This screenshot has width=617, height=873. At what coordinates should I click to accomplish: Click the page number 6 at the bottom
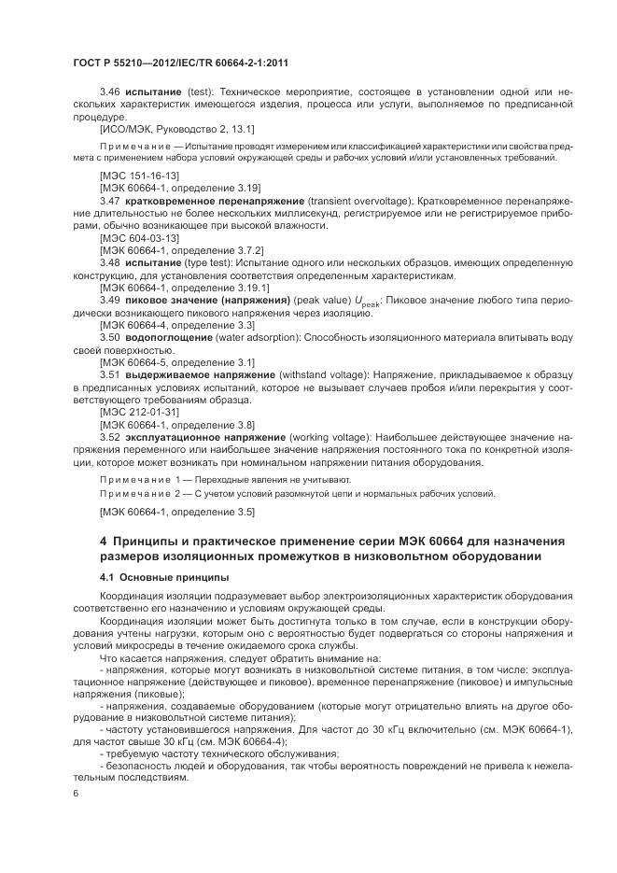pos(76,794)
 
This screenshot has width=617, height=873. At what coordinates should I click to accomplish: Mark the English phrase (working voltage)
pos(331,436)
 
